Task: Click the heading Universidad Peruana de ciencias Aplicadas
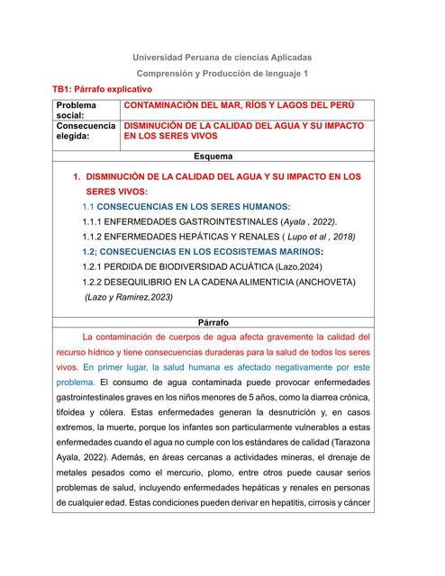[222, 58]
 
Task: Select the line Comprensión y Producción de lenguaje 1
[222, 73]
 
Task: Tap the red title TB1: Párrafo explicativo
[102, 90]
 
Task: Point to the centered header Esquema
[213, 157]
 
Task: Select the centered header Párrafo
[213, 321]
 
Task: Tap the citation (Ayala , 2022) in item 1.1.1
[311, 220]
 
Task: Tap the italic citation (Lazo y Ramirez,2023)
[129, 297]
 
